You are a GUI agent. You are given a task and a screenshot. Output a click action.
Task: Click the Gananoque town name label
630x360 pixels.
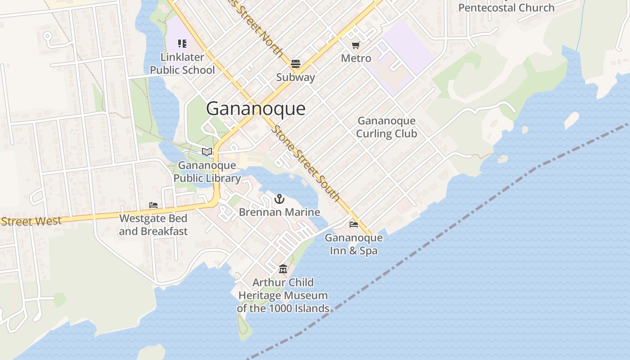pyautogui.click(x=256, y=109)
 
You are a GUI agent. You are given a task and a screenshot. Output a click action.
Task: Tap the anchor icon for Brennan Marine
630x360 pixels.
pyautogui.click(x=279, y=198)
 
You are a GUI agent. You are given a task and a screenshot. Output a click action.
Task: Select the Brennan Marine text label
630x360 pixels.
pyautogui.click(x=279, y=212)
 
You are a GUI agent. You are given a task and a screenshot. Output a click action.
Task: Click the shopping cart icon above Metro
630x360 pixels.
pyautogui.click(x=355, y=45)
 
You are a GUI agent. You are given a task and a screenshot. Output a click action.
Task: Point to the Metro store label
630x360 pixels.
pyautogui.click(x=356, y=58)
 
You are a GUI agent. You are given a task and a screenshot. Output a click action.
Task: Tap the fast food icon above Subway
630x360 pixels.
pyautogui.click(x=296, y=64)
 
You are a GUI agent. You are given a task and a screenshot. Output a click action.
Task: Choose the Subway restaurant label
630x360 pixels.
pyautogui.click(x=296, y=77)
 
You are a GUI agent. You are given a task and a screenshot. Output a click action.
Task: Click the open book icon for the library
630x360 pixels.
pyautogui.click(x=207, y=152)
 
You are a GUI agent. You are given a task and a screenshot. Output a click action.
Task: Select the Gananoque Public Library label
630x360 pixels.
pyautogui.click(x=207, y=172)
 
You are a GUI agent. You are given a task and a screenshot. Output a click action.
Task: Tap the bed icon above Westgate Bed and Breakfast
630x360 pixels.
pyautogui.click(x=153, y=206)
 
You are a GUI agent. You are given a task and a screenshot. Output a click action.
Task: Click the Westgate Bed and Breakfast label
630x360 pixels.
pyautogui.click(x=153, y=225)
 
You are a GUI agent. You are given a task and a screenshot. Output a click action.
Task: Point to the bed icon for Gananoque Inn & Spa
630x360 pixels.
pyautogui.click(x=354, y=224)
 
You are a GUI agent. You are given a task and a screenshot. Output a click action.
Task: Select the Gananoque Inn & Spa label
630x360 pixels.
pyautogui.click(x=354, y=244)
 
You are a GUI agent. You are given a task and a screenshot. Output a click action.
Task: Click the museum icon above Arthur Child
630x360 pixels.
pyautogui.click(x=283, y=269)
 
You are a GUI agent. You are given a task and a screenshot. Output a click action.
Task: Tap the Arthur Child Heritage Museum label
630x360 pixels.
pyautogui.click(x=283, y=295)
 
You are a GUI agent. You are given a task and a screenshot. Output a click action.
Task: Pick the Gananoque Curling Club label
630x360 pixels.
pyautogui.click(x=387, y=127)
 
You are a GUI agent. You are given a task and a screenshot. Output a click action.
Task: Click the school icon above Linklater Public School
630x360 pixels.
pyautogui.click(x=182, y=44)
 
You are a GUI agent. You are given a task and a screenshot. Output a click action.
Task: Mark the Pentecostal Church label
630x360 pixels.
pyautogui.click(x=506, y=8)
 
